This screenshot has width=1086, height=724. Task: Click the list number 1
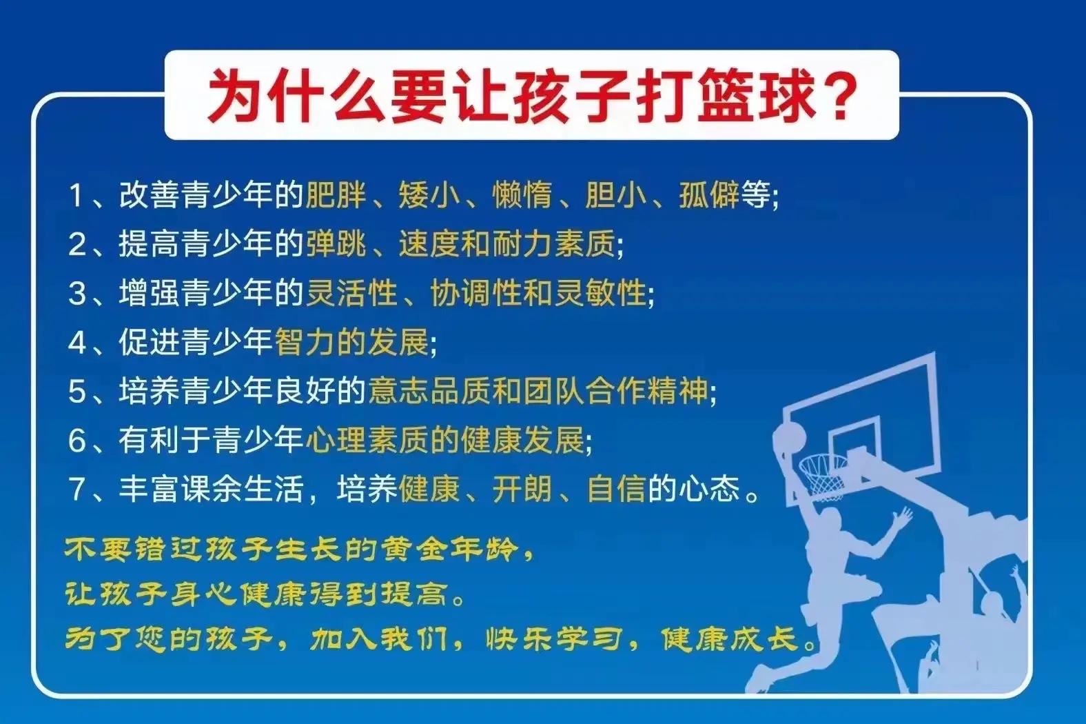[75, 196]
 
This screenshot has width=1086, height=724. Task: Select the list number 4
[76, 343]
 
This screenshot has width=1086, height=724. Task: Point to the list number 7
[76, 490]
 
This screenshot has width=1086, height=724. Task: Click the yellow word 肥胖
[336, 196]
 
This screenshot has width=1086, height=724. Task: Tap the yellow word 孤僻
[709, 196]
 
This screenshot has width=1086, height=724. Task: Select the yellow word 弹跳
[336, 244]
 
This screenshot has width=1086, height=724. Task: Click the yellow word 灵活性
[351, 293]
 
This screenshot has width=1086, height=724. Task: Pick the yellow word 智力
[305, 343]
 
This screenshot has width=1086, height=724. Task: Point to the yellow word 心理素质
[367, 441]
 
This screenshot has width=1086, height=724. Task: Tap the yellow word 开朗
[522, 490]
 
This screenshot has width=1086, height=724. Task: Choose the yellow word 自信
[616, 490]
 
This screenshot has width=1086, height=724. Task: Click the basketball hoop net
[823, 475]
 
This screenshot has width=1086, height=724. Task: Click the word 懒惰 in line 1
[522, 196]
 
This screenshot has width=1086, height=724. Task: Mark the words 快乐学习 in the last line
[554, 639]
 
